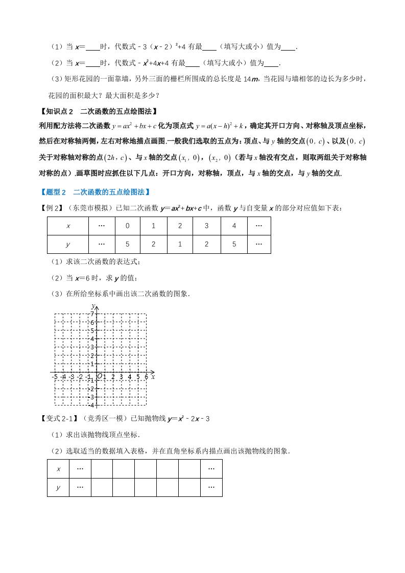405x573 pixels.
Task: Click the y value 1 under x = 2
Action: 180,244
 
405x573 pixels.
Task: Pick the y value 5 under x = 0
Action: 127,244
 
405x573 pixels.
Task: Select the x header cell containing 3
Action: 206,226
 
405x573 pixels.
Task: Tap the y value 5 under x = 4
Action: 233,244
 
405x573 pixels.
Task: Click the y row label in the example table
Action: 68,244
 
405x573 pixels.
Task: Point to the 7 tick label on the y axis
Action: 92,313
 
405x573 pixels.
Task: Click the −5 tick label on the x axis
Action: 54,377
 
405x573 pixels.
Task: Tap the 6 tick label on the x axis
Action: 146,377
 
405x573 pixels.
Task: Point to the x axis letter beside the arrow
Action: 153,377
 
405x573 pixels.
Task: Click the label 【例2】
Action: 51,208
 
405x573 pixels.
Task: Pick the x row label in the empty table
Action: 58,469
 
